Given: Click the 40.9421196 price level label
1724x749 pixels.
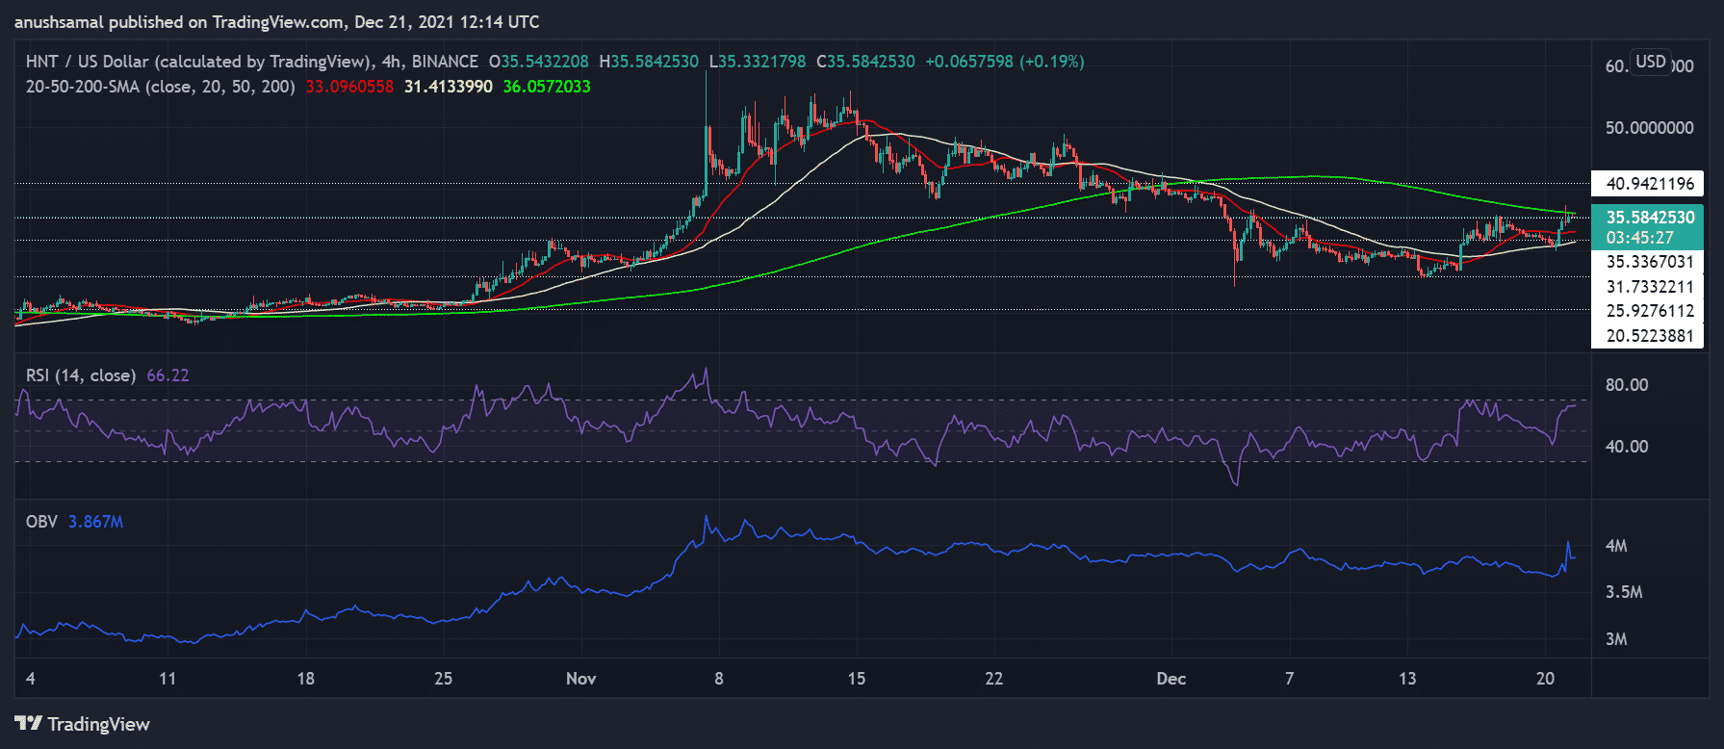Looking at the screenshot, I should tap(1649, 184).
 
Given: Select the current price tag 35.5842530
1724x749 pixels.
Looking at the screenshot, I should tap(1649, 218).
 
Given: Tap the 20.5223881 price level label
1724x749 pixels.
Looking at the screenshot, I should tap(1649, 336).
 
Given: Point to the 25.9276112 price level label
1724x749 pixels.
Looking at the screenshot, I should tap(1649, 311).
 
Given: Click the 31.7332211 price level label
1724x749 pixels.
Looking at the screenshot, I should tap(1649, 287).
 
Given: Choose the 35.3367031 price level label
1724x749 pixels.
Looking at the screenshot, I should tap(1649, 262).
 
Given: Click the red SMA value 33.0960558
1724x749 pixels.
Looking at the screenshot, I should tap(349, 87).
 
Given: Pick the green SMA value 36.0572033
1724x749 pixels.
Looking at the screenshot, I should tap(547, 87).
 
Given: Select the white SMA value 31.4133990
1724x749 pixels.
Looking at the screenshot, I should tap(448, 87).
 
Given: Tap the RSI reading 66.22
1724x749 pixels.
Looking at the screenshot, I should tap(167, 375).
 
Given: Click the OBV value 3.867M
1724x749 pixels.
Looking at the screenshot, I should tap(95, 522).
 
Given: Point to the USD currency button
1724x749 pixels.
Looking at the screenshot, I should tap(1650, 62).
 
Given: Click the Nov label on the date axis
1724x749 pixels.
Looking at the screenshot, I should tap(580, 679).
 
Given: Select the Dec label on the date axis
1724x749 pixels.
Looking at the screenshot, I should tap(1171, 679).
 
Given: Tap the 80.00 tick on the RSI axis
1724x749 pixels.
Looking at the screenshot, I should tap(1626, 385).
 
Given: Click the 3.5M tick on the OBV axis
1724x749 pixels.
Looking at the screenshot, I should tap(1623, 592).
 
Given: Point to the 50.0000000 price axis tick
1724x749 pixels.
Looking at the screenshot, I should tap(1649, 128).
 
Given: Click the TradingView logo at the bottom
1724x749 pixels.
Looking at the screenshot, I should tap(83, 724).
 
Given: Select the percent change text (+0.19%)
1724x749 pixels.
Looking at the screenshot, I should tap(1052, 62).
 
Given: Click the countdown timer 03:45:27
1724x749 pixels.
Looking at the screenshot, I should tap(1639, 238).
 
